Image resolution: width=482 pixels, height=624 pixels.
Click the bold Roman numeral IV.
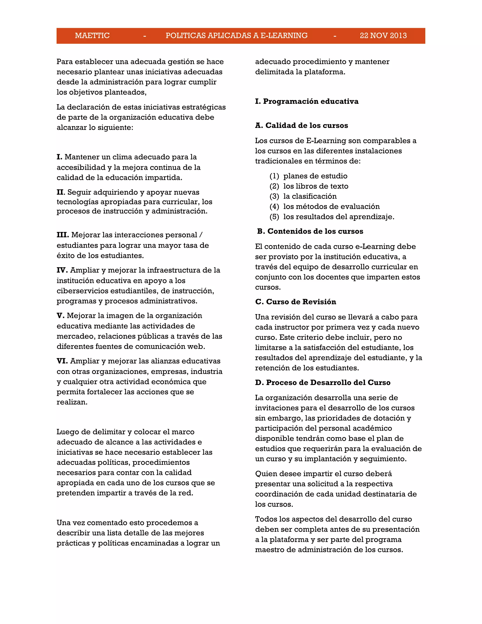[62, 270]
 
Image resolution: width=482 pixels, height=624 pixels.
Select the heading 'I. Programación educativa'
[307, 101]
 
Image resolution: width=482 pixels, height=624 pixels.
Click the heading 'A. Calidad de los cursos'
[301, 126]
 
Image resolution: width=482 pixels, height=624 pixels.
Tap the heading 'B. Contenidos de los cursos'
[310, 231]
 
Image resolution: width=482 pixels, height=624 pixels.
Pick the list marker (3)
[274, 196]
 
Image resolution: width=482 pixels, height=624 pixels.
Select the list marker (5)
[274, 217]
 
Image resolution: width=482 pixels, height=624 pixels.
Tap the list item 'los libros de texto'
[316, 186]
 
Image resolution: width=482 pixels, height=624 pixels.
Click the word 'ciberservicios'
[82, 291]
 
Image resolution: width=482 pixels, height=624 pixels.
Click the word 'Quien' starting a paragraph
[266, 474]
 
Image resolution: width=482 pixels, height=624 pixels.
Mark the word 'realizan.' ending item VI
[72, 402]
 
